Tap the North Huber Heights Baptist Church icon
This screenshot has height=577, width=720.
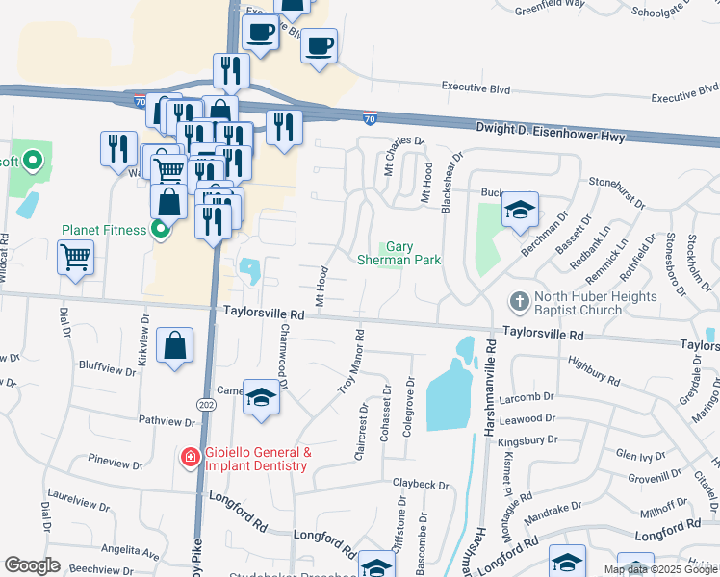[520, 302]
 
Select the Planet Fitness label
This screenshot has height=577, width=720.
[104, 230]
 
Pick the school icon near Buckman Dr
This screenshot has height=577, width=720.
[520, 211]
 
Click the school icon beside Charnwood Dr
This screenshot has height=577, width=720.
[261, 397]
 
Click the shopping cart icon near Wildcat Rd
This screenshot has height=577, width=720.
[76, 257]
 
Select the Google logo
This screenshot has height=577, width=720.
[32, 565]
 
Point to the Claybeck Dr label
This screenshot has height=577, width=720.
[421, 484]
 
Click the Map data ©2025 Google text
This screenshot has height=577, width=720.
[661, 569]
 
